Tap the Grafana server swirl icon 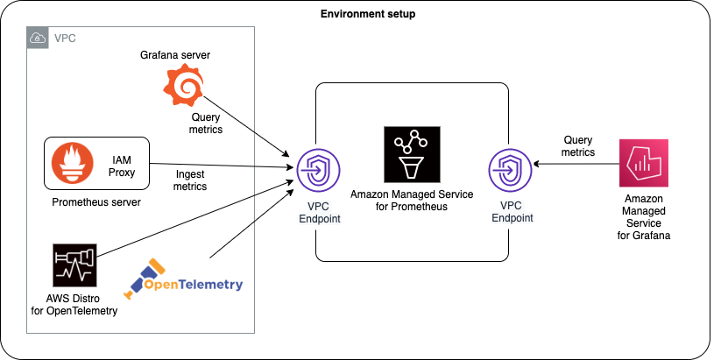point(184,86)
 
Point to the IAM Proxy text point(124,163)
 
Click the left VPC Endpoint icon point(315,169)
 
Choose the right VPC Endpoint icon point(510,169)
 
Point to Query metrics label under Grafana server point(206,123)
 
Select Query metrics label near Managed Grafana point(578,145)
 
